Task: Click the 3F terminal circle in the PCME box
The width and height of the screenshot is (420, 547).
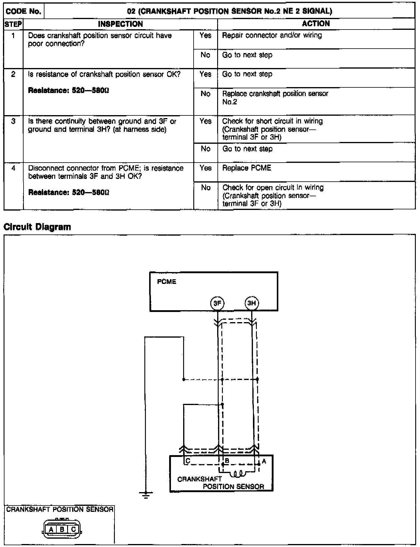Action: (217, 303)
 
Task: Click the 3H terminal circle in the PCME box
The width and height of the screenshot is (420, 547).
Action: (252, 303)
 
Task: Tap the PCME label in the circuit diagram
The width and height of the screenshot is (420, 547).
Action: (166, 282)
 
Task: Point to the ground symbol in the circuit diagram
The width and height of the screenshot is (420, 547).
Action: (146, 495)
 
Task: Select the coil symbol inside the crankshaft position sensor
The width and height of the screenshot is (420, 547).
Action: (239, 473)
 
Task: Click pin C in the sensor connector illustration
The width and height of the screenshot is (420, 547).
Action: (73, 530)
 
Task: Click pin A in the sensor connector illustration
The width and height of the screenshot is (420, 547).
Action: (51, 530)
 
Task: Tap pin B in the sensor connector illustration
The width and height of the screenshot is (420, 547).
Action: (62, 530)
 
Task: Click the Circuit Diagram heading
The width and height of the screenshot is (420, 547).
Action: (37, 227)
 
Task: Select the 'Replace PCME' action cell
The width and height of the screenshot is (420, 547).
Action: (247, 168)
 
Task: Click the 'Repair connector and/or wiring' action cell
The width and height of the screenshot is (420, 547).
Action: (272, 35)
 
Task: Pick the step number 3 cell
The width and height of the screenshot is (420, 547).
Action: (13, 121)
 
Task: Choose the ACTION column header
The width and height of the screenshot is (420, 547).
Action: (316, 24)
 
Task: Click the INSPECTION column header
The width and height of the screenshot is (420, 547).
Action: (120, 24)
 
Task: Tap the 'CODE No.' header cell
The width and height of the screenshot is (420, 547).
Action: (24, 11)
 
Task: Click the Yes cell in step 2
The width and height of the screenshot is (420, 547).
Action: (206, 74)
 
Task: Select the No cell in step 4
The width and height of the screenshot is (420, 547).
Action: (206, 188)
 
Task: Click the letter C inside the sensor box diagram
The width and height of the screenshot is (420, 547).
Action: (188, 461)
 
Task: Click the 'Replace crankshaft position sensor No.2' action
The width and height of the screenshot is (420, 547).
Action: (275, 98)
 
